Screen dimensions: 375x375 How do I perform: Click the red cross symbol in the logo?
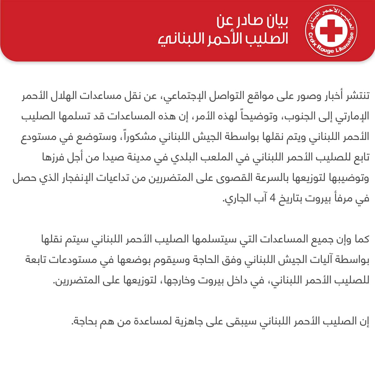tap(331, 30)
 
